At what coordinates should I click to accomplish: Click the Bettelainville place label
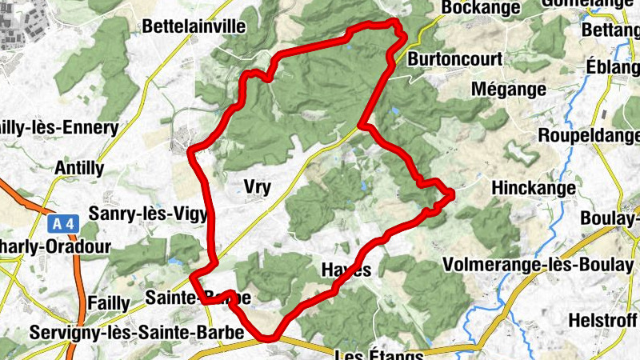194,26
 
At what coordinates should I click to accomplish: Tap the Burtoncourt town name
454,60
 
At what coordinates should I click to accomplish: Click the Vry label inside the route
256,188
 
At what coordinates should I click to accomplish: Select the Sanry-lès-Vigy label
149,214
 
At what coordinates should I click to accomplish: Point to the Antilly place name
78,168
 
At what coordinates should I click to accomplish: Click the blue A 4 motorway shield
61,224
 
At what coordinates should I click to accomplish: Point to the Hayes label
346,270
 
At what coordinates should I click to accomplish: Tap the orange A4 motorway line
81,272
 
